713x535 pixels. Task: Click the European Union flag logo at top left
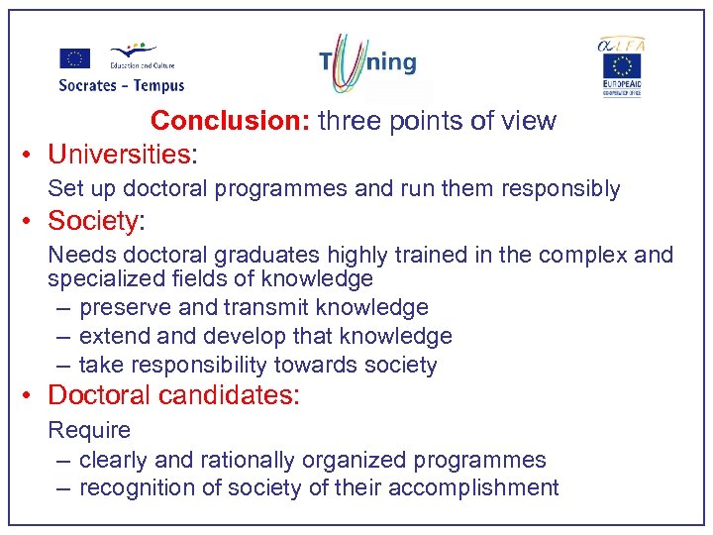tap(74, 58)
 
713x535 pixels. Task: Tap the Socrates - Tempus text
tap(121, 85)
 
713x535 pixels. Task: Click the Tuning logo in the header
tap(368, 62)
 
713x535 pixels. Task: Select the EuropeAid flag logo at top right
tap(622, 74)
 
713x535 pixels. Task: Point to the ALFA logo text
tap(621, 44)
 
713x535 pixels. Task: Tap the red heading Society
tap(92, 221)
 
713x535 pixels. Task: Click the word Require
tap(89, 430)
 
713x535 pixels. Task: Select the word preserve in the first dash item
tap(128, 308)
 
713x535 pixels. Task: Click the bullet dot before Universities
tap(30, 156)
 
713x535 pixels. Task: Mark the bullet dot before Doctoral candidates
tap(30, 396)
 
